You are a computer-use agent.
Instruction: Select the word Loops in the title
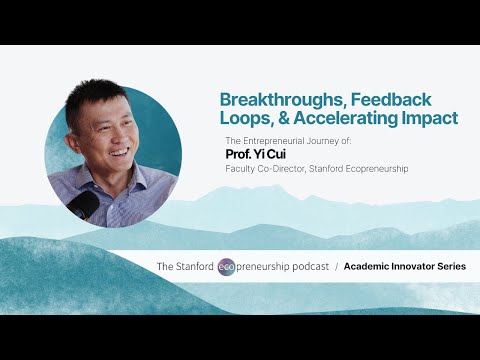coord(246,118)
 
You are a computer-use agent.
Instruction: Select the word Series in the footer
coord(447,267)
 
